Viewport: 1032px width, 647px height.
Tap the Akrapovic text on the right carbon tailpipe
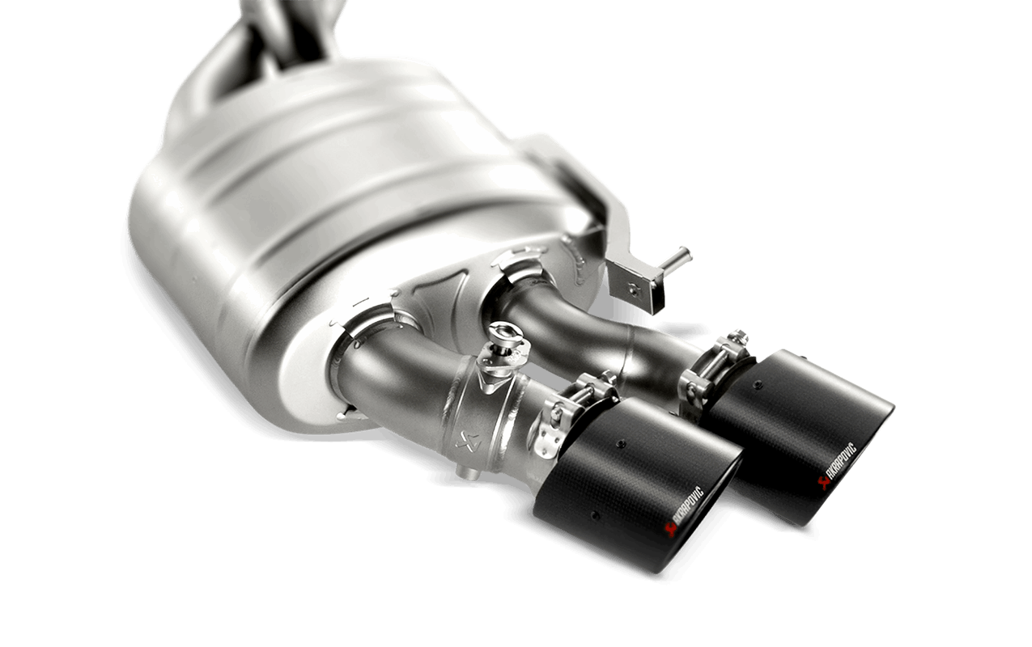pos(839,469)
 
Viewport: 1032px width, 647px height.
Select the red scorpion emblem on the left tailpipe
pos(670,528)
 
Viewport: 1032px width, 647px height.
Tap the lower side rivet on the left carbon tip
pos(595,514)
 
